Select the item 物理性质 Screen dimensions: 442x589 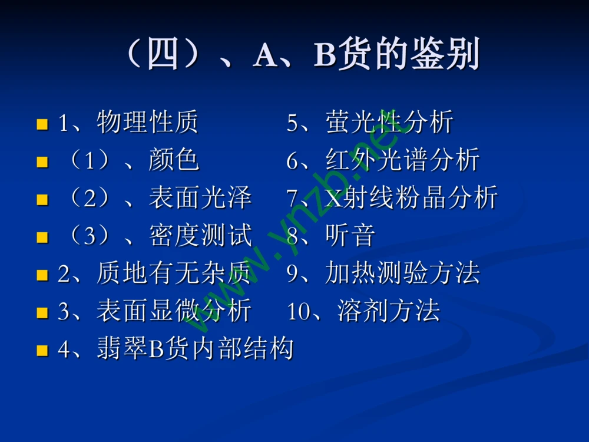coord(148,123)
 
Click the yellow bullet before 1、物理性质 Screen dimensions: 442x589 coord(42,124)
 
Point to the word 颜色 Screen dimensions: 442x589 coord(174,160)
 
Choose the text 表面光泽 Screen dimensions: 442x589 coord(200,198)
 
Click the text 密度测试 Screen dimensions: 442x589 coord(200,236)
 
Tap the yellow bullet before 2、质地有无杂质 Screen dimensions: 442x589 coord(42,275)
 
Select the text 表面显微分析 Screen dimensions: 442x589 coord(174,311)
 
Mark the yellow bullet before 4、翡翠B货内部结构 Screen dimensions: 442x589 coord(42,351)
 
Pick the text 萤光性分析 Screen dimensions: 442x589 coord(389,123)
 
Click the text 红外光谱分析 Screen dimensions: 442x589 coord(402,160)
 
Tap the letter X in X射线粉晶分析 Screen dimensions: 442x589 coord(333,198)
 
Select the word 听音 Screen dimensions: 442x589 coord(350,236)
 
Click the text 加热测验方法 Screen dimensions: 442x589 coord(402,273)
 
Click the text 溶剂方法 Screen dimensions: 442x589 coord(389,311)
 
